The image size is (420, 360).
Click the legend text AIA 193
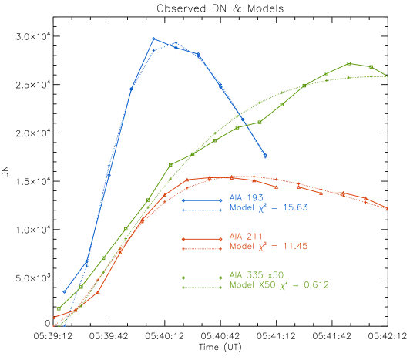(247, 198)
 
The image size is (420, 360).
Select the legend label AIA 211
(247, 237)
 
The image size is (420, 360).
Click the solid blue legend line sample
(202, 200)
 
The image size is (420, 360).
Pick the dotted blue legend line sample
(202, 210)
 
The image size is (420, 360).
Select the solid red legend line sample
(202, 239)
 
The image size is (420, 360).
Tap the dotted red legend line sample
(202, 248)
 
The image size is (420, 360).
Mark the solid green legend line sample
(202, 278)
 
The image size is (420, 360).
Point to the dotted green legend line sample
(202, 288)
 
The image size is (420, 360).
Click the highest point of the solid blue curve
(153, 38)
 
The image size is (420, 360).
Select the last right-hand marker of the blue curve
(265, 156)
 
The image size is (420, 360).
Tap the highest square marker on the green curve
(349, 63)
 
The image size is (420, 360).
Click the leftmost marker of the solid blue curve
(65, 292)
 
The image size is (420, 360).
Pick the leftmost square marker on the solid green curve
(59, 309)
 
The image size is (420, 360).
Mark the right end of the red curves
(387, 209)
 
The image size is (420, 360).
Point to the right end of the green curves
(386, 76)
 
